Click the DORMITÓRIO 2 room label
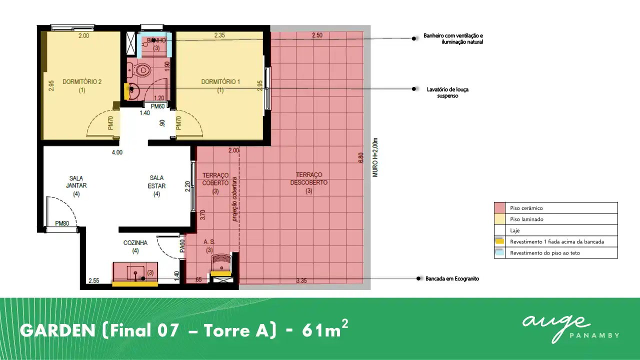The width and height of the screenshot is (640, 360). [82, 85]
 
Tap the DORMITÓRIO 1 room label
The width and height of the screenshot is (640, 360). [220, 85]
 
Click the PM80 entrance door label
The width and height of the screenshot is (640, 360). [62, 223]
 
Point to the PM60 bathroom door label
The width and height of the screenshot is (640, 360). [157, 106]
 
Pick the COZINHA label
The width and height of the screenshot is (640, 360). [135, 246]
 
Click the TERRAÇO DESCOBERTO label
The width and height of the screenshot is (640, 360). [309, 182]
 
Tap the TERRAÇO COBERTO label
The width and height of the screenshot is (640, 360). [215, 183]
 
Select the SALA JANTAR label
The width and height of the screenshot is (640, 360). [76, 186]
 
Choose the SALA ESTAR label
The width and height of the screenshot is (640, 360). [156, 186]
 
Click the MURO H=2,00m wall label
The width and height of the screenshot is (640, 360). [375, 157]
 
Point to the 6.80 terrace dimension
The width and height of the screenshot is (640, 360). [361, 157]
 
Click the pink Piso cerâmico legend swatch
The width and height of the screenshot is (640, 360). [499, 208]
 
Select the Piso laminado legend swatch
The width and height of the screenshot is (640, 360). [499, 219]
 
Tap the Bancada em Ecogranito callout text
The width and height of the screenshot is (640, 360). [452, 278]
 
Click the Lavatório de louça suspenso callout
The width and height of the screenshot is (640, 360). [447, 92]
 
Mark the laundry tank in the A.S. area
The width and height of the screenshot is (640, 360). [221, 262]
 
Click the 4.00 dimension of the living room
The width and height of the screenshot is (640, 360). [117, 152]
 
